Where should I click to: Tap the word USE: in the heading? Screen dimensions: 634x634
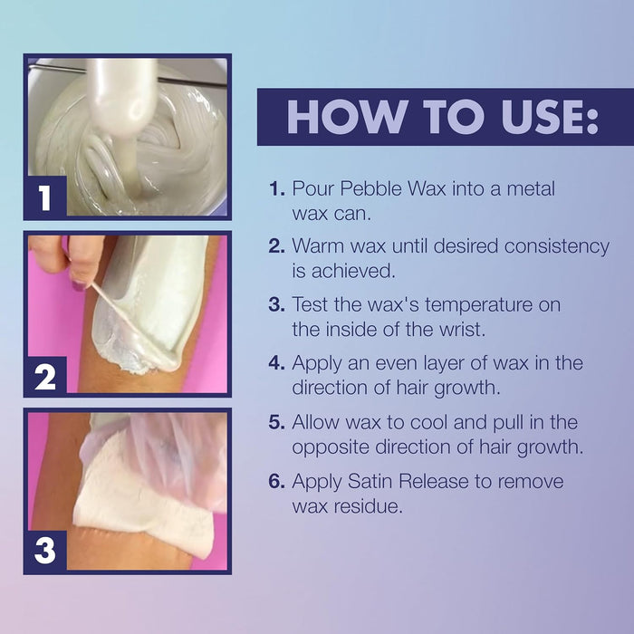[x=550, y=116]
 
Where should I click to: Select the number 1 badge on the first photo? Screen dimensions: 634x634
[x=45, y=197]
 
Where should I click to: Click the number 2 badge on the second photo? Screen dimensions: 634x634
[x=45, y=377]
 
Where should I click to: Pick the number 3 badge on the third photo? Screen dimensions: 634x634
[x=45, y=551]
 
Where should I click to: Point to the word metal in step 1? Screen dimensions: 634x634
[x=531, y=188]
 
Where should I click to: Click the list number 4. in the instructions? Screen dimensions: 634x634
[x=277, y=363]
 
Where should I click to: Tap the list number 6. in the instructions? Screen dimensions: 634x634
[x=277, y=481]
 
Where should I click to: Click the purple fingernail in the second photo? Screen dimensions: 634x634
[x=79, y=286]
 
